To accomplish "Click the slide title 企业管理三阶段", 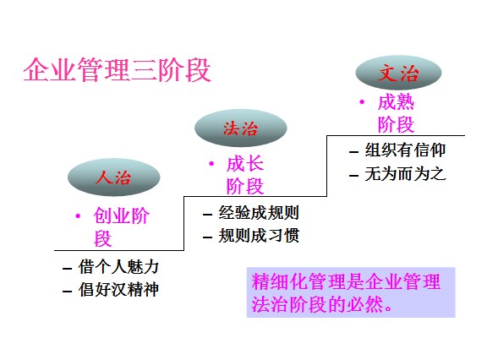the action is [x=117, y=70].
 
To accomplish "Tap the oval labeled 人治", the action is [x=113, y=177].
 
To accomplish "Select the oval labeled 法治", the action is [x=241, y=128].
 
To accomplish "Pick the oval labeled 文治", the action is [x=398, y=73].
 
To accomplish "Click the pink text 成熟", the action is [x=396, y=102].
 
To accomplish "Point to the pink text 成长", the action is [x=245, y=164].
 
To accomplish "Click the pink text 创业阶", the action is [x=122, y=215].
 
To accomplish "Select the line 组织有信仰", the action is [x=405, y=150].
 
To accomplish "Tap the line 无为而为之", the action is [x=405, y=174].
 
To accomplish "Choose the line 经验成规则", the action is [x=259, y=213].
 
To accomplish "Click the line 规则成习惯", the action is [x=259, y=236].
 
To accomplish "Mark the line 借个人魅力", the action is [x=118, y=267].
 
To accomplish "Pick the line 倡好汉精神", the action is [x=118, y=290].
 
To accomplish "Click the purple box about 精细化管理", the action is [x=351, y=292].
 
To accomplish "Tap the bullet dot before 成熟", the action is [x=362, y=101].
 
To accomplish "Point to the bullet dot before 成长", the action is [x=211, y=163].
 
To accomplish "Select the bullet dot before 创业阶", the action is [x=78, y=215].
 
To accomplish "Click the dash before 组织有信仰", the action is [x=353, y=152].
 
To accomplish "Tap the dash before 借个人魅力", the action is [x=67, y=269].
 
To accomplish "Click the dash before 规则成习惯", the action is [x=207, y=237].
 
